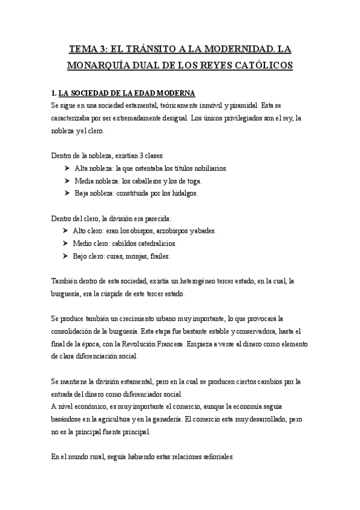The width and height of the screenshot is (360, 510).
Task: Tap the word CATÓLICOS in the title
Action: pyautogui.click(x=261, y=65)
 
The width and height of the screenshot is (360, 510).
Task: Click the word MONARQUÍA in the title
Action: pyautogui.click(x=90, y=65)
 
